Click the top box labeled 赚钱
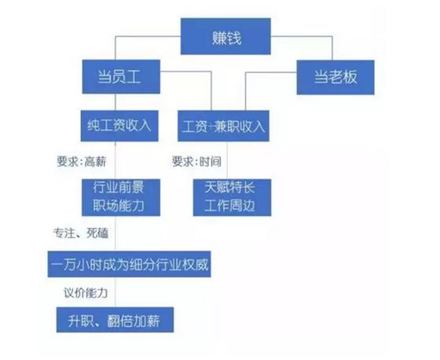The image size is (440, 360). pos(225,36)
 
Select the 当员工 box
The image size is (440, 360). pos(121,77)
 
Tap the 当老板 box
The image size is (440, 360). pos(335,77)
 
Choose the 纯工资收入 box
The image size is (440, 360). pos(119,126)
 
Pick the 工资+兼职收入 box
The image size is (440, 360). pos(223,126)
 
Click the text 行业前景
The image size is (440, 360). pos(119,187)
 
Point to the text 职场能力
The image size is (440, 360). pos(119,206)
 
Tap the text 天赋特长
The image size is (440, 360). pos(229,187)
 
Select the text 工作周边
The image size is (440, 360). pos(229,206)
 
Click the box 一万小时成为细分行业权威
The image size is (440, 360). pos(129,264)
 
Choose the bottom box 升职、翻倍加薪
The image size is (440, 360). pos(115,320)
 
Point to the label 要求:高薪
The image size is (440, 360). pos(82,161)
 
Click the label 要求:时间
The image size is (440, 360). pos(196,161)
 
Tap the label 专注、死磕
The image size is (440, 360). pos(81,233)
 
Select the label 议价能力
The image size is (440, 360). pos(86,293)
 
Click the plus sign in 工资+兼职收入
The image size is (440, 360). pos(211,127)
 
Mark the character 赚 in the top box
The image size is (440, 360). pos(219,38)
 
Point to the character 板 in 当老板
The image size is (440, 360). pos(350,77)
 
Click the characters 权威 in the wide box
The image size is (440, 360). pos(196,265)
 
